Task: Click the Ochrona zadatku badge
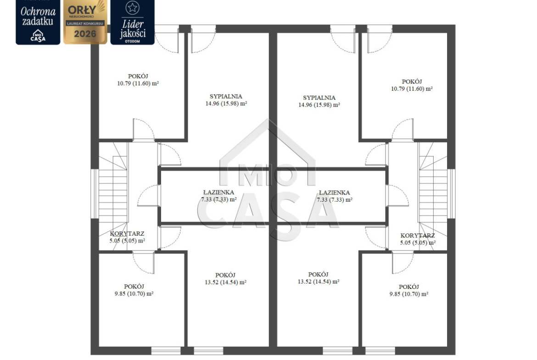[38, 22]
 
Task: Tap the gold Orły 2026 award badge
[85, 22]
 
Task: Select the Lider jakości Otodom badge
[133, 22]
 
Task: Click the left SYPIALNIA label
[226, 96]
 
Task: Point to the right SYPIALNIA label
[319, 98]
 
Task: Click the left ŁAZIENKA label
[218, 193]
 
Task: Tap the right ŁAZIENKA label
[334, 193]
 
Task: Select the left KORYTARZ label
[127, 234]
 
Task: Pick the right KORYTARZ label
[418, 236]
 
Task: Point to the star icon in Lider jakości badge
[133, 7]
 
